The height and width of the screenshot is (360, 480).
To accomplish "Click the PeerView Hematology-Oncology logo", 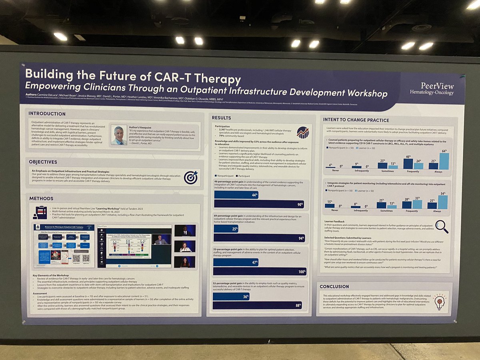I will (437, 89).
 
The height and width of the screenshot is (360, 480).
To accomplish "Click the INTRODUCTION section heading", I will (47, 114).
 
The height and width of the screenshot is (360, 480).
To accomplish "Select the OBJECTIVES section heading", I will (43, 162).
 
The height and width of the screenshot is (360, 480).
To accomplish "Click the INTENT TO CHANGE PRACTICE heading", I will (356, 120).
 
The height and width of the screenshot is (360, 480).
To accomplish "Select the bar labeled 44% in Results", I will (236, 195).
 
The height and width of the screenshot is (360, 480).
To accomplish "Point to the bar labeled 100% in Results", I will (259, 272).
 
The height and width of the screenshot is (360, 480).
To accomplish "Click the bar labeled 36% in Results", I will (231, 297).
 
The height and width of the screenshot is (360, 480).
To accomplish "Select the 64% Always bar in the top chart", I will (444, 161).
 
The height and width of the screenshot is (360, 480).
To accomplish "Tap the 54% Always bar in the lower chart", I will (443, 202).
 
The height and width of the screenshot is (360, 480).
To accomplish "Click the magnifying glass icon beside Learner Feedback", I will (442, 226).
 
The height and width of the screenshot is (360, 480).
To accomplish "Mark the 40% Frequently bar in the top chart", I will (408, 164).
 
